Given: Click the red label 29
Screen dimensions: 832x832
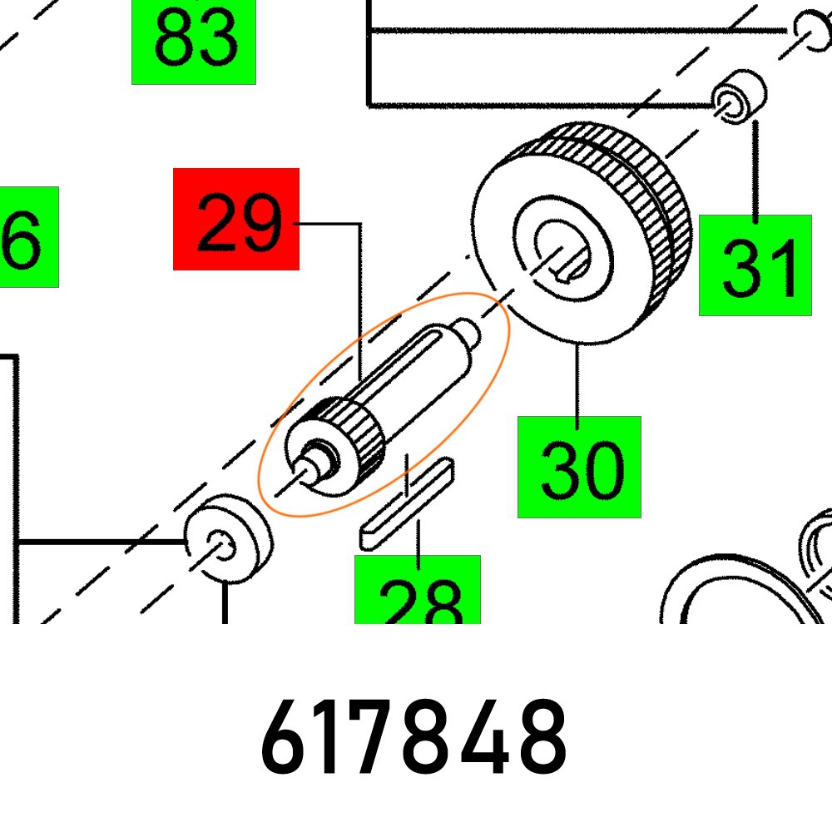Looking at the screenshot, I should [235, 219].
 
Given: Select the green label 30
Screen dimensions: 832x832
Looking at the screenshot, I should [579, 467].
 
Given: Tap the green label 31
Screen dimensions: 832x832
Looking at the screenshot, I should [755, 265].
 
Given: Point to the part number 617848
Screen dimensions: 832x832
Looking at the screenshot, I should [414, 738].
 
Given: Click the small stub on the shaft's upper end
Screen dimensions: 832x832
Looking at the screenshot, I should [468, 333].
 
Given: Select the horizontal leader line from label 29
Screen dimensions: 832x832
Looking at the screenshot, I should [329, 223].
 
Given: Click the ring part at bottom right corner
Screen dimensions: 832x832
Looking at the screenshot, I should [749, 582].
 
